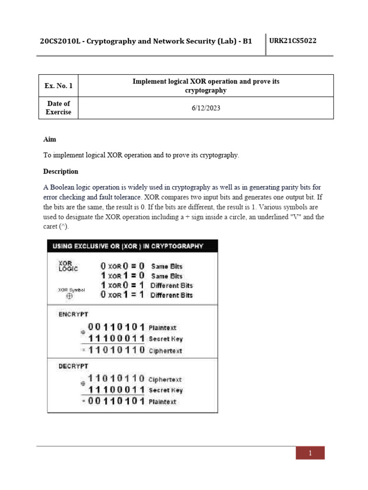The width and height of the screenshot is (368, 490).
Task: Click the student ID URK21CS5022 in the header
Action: click(x=293, y=41)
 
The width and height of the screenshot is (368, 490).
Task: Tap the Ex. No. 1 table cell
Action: click(x=58, y=86)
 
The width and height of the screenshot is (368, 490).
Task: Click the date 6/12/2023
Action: click(x=206, y=108)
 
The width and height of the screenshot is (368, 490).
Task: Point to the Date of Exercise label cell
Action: click(x=58, y=108)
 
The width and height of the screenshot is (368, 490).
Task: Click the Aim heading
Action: click(x=49, y=139)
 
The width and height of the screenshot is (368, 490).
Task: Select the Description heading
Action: click(x=60, y=171)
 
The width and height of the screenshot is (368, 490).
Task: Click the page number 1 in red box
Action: click(x=310, y=453)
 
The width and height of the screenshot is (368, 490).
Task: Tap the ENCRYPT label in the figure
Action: click(x=73, y=314)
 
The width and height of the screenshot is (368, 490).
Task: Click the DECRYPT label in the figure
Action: click(x=73, y=366)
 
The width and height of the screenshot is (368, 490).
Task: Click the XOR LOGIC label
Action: click(x=68, y=266)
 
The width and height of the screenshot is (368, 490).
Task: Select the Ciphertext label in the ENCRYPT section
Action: click(x=165, y=351)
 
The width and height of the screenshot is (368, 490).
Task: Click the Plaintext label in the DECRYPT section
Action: click(x=162, y=402)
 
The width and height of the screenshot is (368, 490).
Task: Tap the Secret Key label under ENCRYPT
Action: click(x=165, y=339)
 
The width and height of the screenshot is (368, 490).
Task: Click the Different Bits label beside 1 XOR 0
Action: click(x=172, y=286)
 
